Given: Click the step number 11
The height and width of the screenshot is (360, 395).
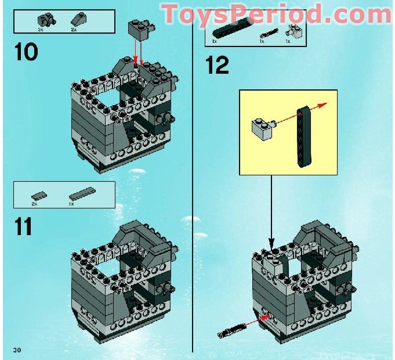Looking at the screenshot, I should (x=23, y=226).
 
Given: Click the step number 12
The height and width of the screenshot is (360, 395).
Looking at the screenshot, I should (x=217, y=65).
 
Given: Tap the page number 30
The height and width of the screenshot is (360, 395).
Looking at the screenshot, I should (x=17, y=349).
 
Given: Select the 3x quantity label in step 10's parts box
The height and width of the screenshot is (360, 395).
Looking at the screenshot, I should (x=41, y=28).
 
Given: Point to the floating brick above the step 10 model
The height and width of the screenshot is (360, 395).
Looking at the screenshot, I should (x=139, y=27).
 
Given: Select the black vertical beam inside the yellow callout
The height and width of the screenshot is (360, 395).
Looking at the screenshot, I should (x=304, y=136).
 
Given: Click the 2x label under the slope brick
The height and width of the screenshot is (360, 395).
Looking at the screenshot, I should (x=74, y=28).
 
